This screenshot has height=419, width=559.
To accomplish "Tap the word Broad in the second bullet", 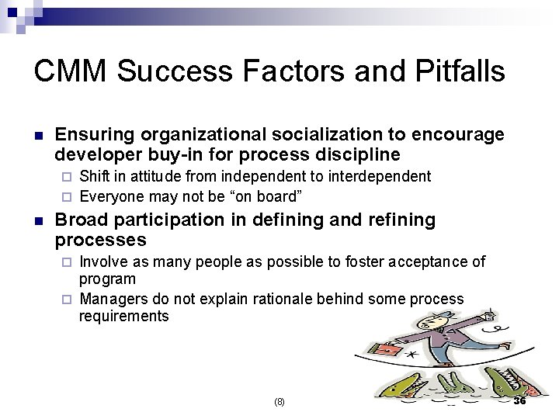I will (82, 220).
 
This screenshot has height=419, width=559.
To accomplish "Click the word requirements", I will (123, 316).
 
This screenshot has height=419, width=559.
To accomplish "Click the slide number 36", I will (520, 400).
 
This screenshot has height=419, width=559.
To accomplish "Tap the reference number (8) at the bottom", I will (280, 402).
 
